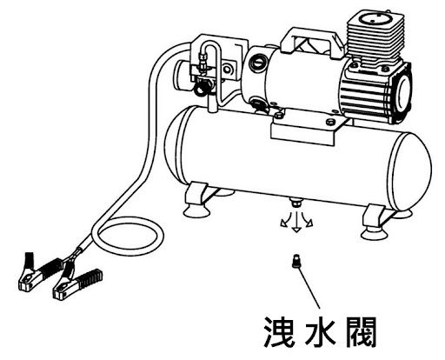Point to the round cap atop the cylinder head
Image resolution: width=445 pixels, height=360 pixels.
(x=375, y=17)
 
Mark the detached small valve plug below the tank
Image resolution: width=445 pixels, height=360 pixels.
(x=296, y=262)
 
